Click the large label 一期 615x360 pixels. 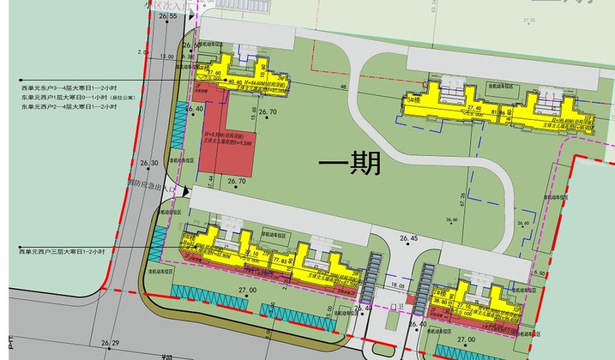click(349, 165)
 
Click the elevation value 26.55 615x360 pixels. click(169, 17)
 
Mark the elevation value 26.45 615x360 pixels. click(409, 238)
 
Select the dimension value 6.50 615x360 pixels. click(540, 273)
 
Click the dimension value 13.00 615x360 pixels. click(167, 56)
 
